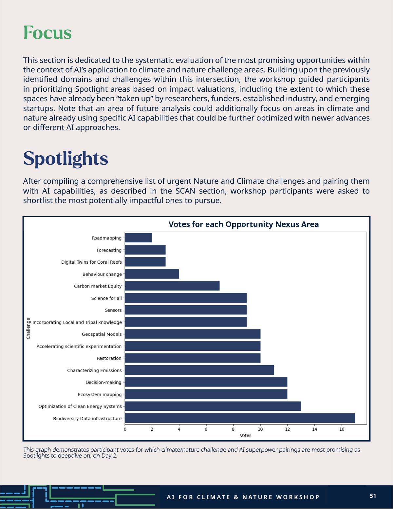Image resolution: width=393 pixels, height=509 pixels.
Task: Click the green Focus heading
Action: point(47,33)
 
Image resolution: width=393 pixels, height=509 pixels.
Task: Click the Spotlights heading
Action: point(65,159)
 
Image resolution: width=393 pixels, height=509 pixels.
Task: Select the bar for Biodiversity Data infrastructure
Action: point(240,418)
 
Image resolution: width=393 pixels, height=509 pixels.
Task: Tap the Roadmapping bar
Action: point(138,238)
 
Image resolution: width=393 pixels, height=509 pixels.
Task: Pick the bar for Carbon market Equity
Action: point(172,286)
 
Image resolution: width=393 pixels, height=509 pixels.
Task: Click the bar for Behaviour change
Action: point(152,274)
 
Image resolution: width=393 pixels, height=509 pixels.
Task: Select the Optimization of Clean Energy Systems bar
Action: point(213,406)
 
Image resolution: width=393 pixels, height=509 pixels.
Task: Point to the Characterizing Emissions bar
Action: point(199,370)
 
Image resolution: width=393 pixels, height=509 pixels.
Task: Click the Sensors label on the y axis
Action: point(113,310)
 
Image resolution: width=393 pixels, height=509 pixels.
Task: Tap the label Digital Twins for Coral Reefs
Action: point(91,262)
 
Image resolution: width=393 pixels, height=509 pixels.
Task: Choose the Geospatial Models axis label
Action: point(102,334)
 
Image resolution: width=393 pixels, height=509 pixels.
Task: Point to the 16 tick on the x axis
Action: point(342,429)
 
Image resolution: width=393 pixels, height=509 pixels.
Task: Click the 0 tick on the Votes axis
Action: point(125,429)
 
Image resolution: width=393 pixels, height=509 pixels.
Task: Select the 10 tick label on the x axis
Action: point(260,429)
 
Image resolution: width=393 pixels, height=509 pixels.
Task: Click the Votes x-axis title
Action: point(246,435)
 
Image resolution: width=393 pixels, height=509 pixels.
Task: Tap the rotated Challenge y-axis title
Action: point(28,328)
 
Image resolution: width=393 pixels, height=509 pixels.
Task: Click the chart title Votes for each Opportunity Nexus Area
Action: point(244,224)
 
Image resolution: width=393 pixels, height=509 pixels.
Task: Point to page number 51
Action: point(373,496)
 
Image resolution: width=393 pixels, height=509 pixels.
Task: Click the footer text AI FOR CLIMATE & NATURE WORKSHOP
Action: point(243,497)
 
